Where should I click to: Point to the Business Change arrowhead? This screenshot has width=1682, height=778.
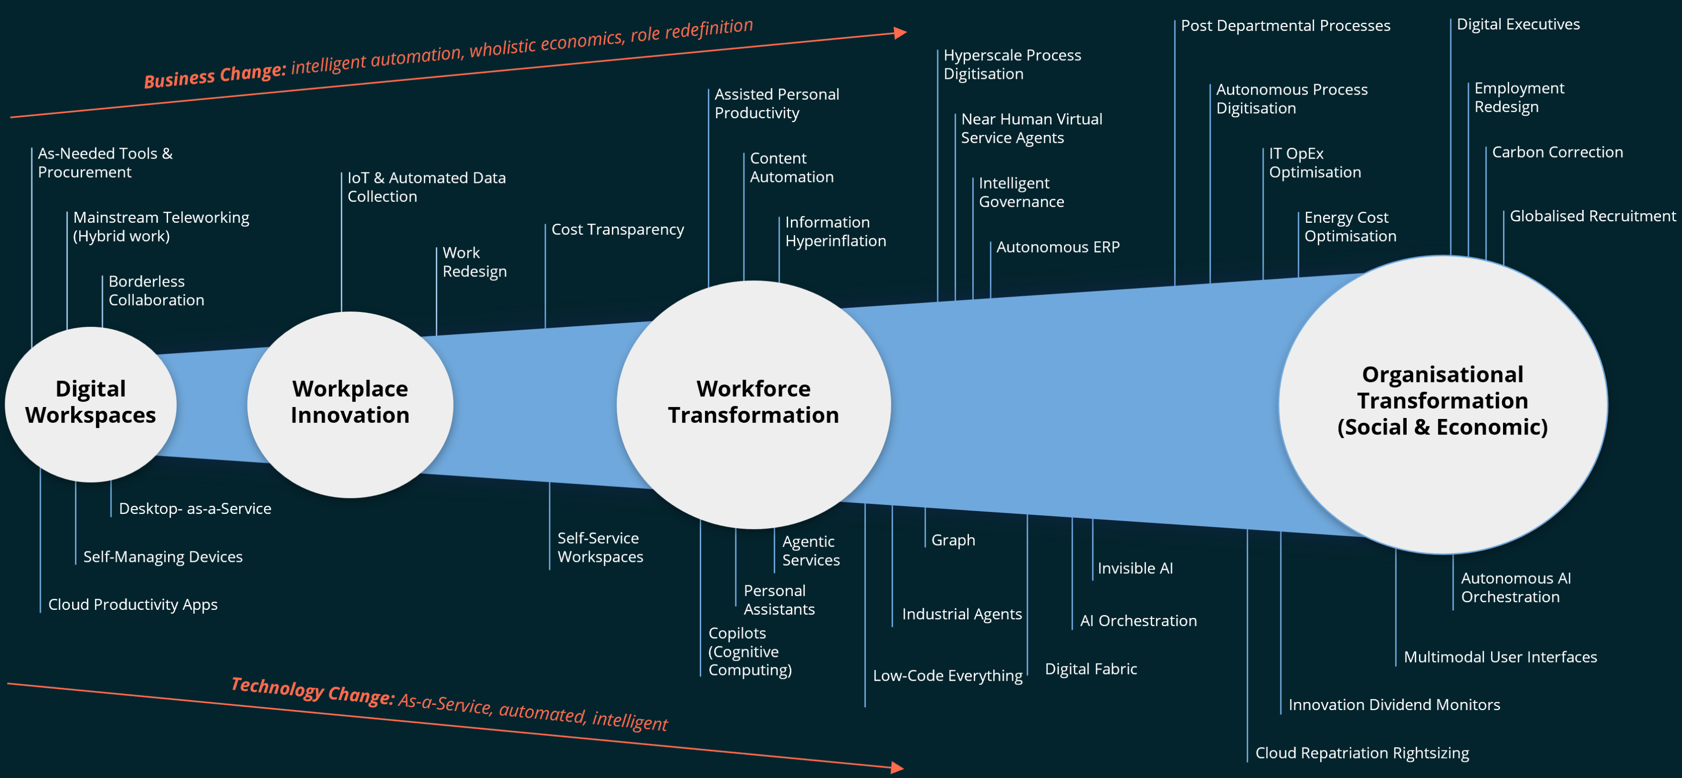[901, 33]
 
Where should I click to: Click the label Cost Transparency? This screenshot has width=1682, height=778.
[617, 230]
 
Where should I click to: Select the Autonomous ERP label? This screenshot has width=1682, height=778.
[1057, 247]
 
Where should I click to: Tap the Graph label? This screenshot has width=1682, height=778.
[953, 540]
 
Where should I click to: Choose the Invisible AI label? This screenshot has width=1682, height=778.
[1135, 569]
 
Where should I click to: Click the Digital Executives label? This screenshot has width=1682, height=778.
[1517, 25]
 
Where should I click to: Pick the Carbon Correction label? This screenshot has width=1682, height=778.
[1557, 152]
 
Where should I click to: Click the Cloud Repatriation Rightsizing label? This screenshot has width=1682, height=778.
[1362, 753]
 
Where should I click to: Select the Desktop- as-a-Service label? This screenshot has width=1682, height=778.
[195, 509]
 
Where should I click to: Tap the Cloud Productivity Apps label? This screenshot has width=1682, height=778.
[132, 605]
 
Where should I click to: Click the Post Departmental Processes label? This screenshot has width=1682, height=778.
[1285, 26]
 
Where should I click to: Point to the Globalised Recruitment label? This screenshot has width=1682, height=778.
[1592, 216]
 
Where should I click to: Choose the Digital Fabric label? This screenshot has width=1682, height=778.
[1090, 669]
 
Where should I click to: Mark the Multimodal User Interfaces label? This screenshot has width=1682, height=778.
[1500, 657]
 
